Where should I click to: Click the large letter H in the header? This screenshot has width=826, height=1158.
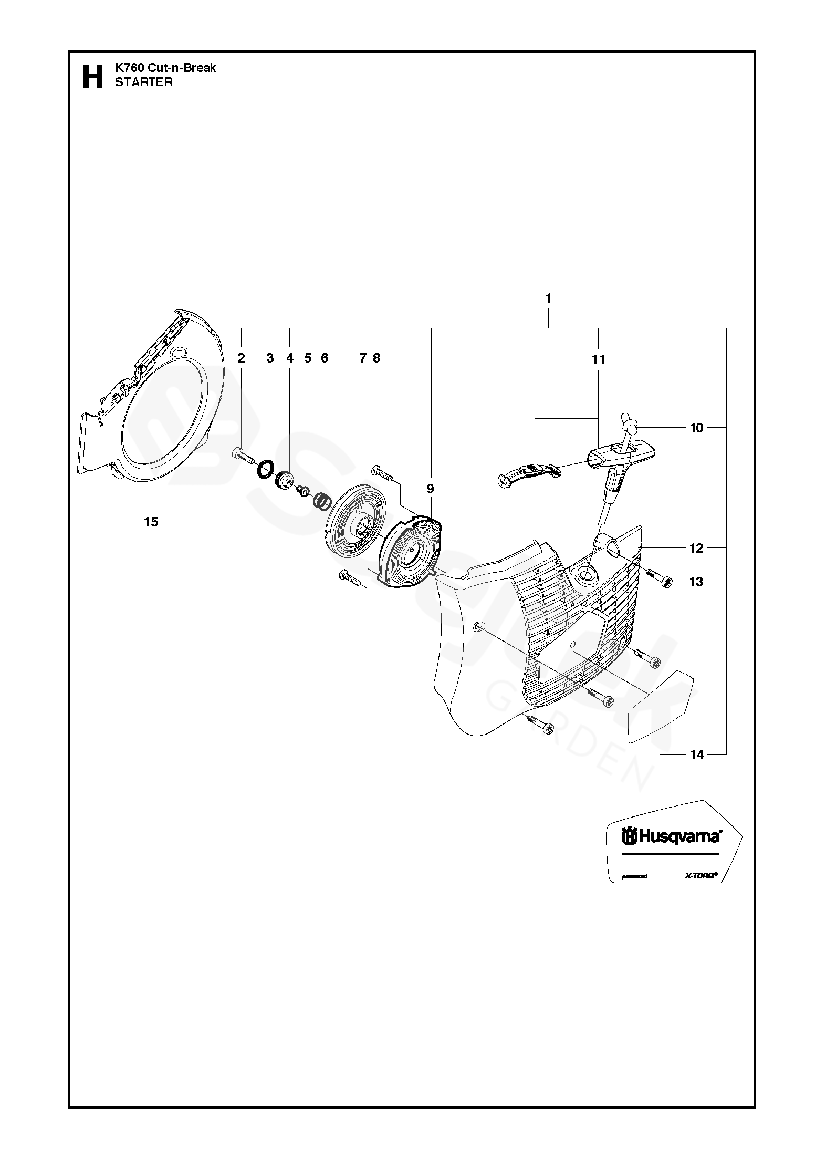coord(93,77)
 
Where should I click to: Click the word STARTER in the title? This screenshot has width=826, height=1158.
coord(143,82)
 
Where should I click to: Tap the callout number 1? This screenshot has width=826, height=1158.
coord(548,298)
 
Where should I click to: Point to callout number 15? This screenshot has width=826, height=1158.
coord(151,522)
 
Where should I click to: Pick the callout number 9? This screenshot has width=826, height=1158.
coord(430,489)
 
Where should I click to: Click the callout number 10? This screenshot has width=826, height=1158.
coord(696,428)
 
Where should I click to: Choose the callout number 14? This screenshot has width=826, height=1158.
coord(697,755)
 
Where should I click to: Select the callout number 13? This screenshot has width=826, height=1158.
coord(696,582)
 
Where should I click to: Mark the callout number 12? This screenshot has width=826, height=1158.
coord(696,549)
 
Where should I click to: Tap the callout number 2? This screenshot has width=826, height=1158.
coord(241,358)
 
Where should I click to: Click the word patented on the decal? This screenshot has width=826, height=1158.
coord(634,876)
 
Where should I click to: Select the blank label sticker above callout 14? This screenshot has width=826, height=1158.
coord(661,706)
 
